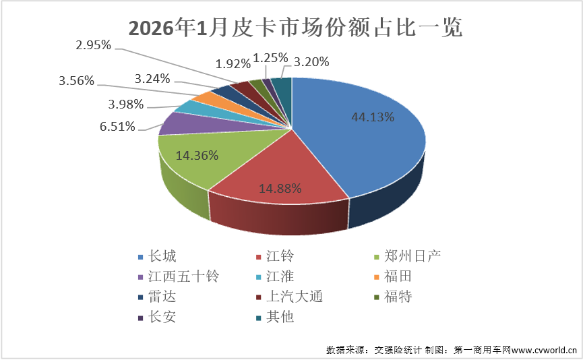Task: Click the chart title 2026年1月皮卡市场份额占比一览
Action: (291, 29)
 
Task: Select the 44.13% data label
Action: (373, 117)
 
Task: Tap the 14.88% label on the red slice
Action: (280, 188)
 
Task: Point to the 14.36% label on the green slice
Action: (197, 155)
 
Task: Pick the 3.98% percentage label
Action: (125, 104)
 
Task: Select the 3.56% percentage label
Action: (77, 82)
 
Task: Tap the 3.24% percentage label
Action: (152, 78)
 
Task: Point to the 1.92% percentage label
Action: (233, 65)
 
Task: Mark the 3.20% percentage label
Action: (311, 63)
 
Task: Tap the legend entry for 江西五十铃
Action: (177, 276)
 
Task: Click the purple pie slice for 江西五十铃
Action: (177, 123)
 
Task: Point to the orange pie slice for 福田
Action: (202, 99)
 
